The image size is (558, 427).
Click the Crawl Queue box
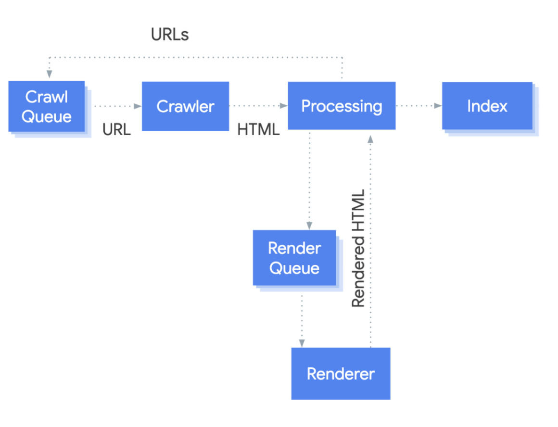(x=47, y=106)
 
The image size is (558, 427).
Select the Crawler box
(x=185, y=106)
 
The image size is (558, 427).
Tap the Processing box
(x=342, y=106)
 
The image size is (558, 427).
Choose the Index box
(x=487, y=106)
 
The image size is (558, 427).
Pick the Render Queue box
(x=294, y=258)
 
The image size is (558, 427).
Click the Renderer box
(x=341, y=374)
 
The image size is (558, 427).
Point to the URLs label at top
(x=170, y=35)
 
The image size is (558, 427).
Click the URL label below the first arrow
(x=116, y=129)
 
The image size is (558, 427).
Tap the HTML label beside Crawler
(x=258, y=129)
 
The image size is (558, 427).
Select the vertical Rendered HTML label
(x=358, y=248)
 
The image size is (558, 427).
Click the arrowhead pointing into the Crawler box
(x=138, y=106)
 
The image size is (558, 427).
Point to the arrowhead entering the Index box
(x=438, y=106)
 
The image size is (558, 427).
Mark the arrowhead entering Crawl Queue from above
(x=49, y=74)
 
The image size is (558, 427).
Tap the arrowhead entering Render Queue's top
(x=309, y=226)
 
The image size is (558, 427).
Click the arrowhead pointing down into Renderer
(x=302, y=343)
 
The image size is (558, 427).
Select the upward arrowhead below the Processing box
(x=370, y=138)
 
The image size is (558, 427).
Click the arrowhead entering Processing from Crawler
(x=284, y=106)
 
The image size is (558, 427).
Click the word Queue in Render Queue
(x=294, y=268)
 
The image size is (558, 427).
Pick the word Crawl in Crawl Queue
(x=47, y=97)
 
